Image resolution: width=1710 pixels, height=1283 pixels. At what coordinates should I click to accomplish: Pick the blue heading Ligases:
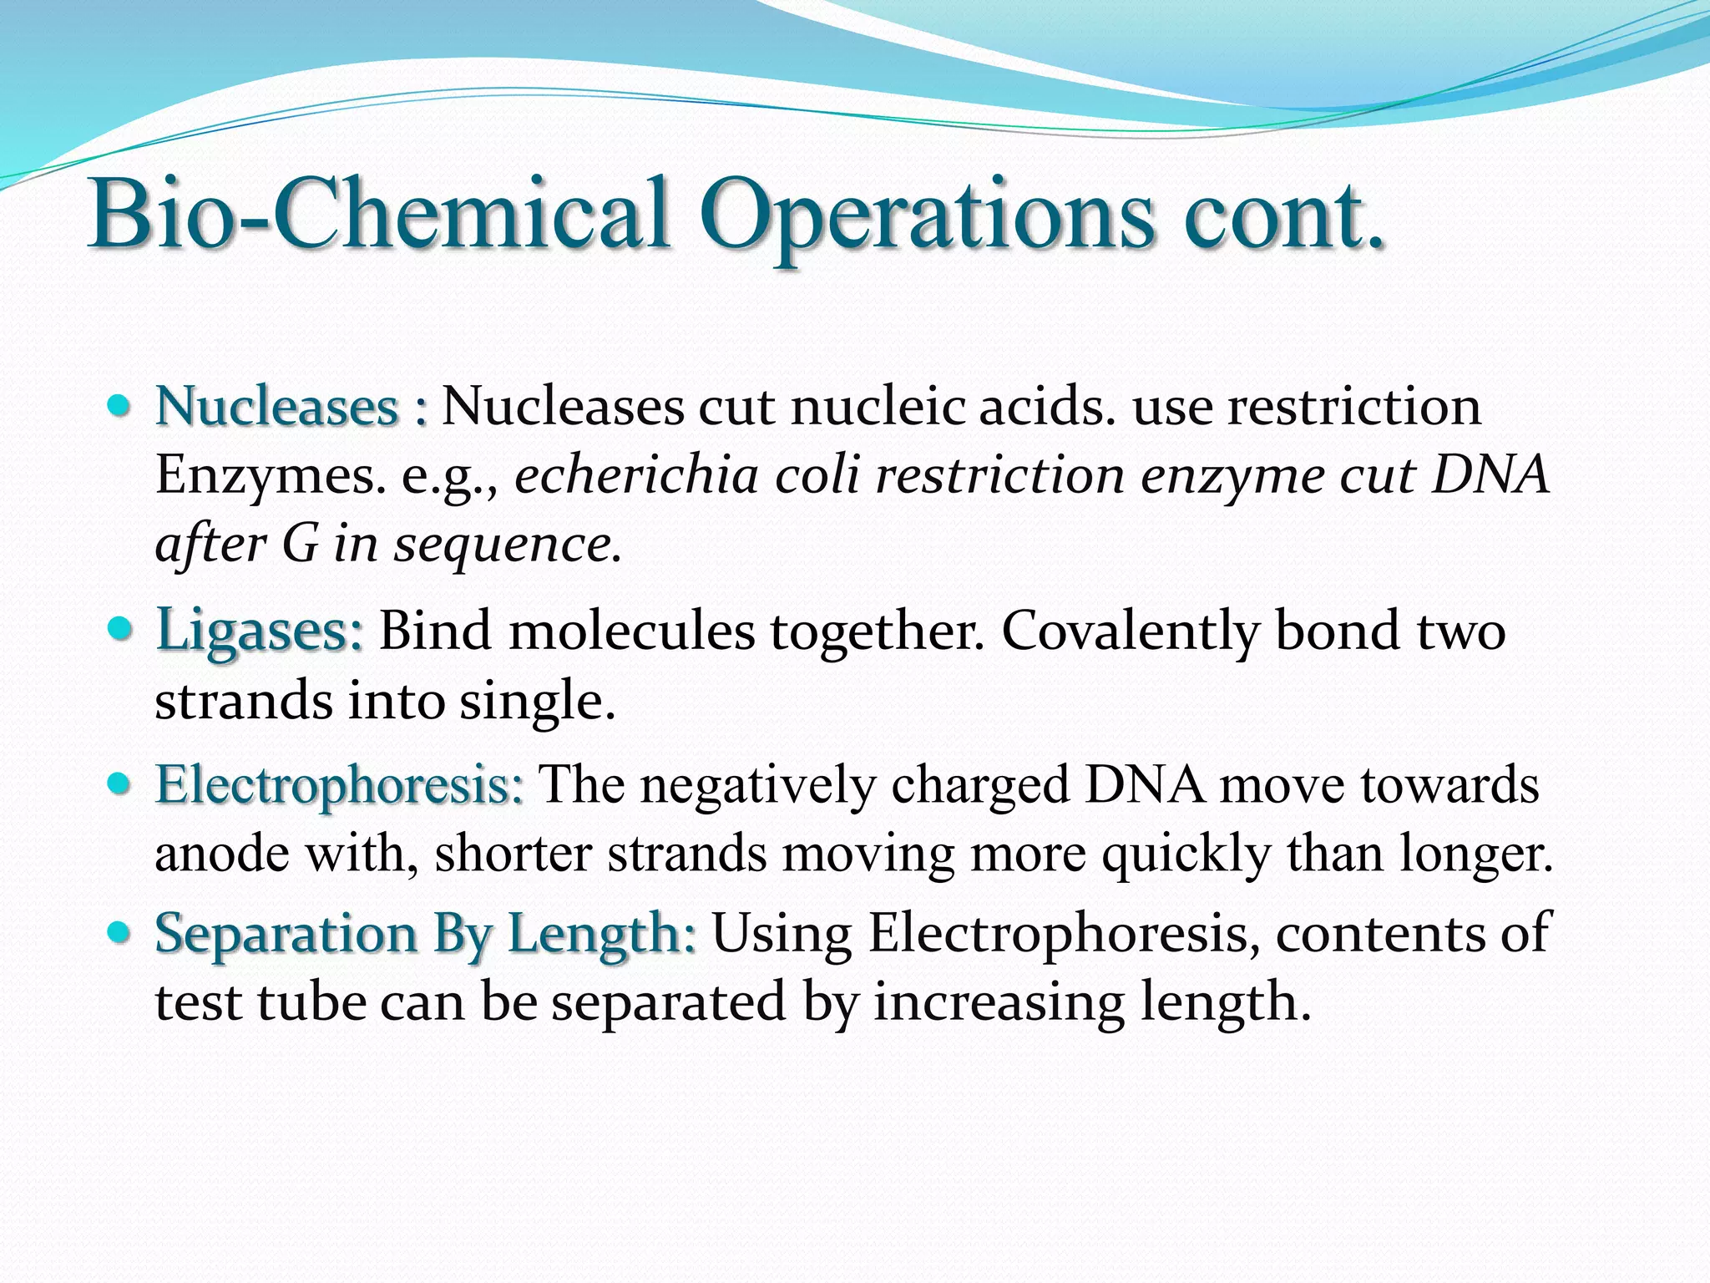point(260,630)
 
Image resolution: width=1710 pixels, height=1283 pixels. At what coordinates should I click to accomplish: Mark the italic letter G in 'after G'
point(301,545)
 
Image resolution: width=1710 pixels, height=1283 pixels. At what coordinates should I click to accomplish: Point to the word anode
point(221,854)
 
